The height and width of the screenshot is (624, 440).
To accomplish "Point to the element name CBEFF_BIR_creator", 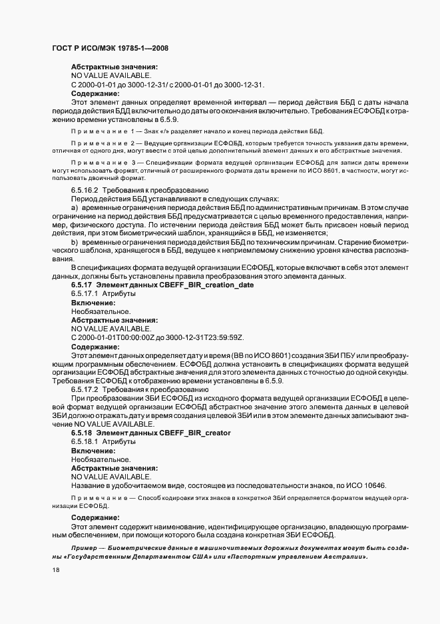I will [188, 433].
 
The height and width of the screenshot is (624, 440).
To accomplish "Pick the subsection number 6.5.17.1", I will [85, 293].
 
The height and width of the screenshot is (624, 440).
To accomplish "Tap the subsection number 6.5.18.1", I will [85, 441].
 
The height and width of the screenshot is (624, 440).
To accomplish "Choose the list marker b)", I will [75, 242].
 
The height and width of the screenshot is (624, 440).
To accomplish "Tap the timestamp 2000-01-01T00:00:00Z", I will [118, 337].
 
